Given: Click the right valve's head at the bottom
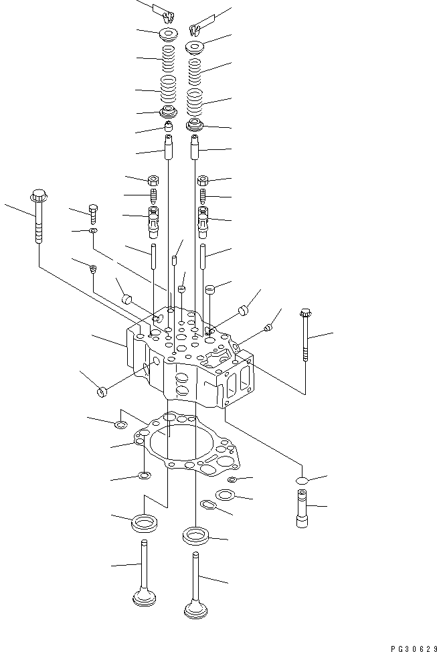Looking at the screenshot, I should click(x=195, y=608).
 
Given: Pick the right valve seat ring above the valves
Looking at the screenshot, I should click(x=196, y=535).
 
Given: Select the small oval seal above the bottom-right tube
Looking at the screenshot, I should click(x=302, y=481).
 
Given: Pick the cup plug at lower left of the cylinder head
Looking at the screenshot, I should click(x=102, y=391).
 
